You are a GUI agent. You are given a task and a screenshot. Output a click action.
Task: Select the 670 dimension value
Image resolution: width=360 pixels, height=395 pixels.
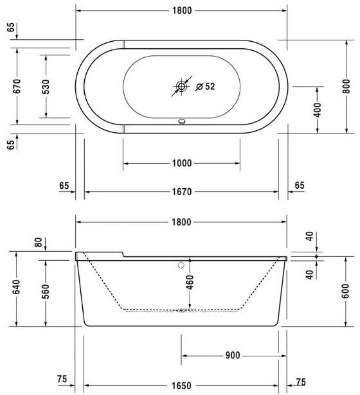pos(17,87)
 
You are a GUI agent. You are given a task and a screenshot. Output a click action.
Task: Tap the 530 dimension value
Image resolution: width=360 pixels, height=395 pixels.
pos(46,87)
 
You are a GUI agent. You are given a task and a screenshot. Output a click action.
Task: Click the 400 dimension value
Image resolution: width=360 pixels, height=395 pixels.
pos(318,109)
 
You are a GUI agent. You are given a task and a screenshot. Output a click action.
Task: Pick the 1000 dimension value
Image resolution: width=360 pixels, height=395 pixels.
pos(182,163)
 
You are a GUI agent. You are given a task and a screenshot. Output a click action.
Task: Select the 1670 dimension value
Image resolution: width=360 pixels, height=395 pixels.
pos(182,191)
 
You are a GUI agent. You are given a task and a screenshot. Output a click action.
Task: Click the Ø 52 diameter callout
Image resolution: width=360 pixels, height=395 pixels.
pos(205,87)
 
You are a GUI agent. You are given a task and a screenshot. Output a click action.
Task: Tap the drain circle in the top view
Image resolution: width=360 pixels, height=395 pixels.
pos(182,86)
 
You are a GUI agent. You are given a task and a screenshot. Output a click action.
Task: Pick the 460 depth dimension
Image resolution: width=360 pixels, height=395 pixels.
pos(190,283)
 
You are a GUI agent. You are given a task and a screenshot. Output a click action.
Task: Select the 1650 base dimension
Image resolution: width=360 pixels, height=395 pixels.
pos(182,385)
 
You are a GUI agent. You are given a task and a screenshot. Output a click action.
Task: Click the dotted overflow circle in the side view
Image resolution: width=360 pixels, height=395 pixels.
pos(181,265)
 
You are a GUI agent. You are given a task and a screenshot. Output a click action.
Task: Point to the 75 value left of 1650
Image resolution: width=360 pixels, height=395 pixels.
pos(62,380)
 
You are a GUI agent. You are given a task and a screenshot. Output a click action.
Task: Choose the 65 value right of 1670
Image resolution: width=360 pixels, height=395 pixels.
pos(300,186)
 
